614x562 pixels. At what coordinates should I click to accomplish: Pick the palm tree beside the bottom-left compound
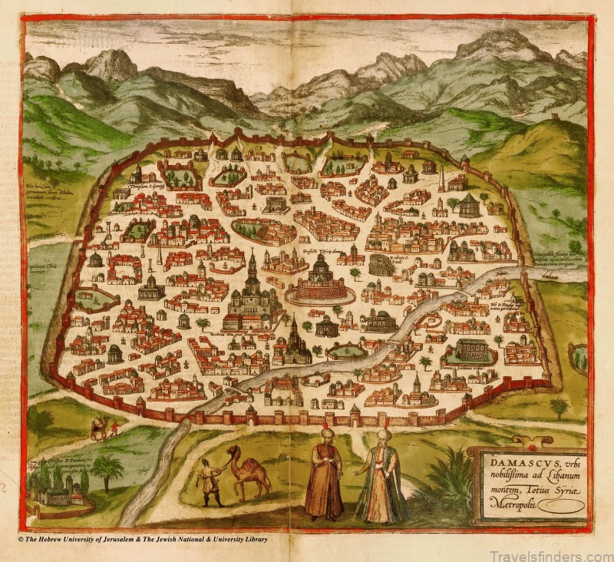tap(107, 470)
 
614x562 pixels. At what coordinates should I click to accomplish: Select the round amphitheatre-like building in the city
tap(381, 266)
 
